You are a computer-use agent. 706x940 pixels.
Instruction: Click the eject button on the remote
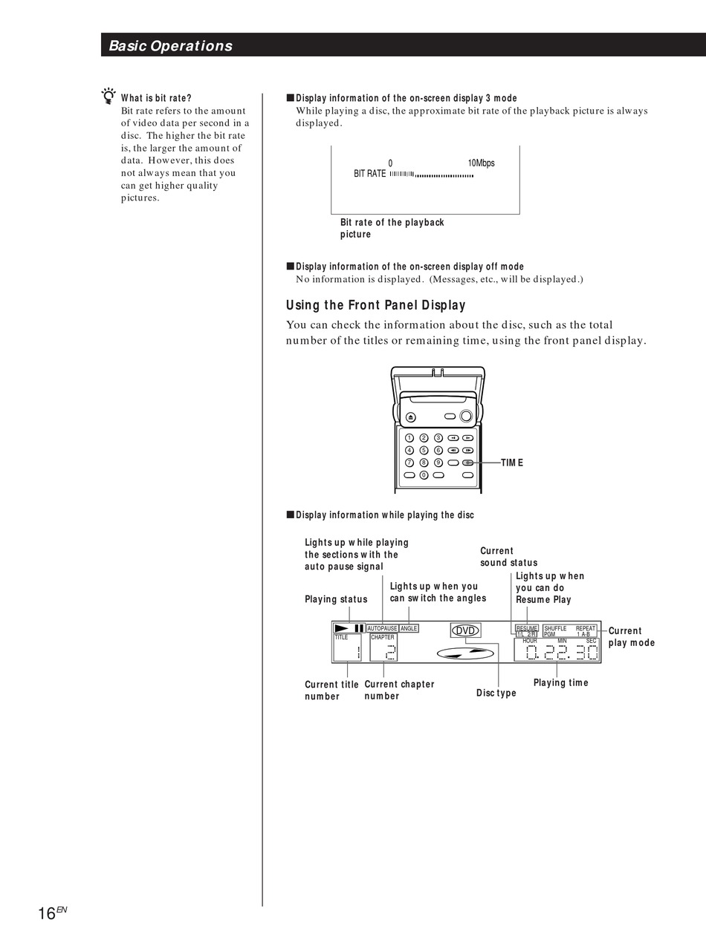(x=410, y=417)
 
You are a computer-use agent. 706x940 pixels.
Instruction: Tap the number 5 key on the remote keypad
(x=424, y=450)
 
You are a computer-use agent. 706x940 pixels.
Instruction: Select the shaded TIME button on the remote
(x=467, y=463)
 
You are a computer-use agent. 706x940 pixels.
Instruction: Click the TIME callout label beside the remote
(x=512, y=463)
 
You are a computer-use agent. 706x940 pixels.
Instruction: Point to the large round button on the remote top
(x=466, y=416)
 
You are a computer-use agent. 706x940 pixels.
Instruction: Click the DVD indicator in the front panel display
(x=465, y=630)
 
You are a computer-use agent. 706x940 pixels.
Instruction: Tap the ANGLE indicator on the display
(x=409, y=628)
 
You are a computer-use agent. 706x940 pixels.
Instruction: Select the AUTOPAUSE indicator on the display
(x=382, y=628)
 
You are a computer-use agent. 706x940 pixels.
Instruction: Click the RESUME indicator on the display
(x=526, y=628)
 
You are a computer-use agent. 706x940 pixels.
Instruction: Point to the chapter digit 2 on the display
(x=390, y=652)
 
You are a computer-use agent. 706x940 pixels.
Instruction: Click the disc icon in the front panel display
(x=465, y=653)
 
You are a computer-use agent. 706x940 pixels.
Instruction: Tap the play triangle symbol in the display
(x=343, y=628)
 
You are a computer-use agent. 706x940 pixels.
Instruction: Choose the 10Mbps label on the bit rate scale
(x=481, y=163)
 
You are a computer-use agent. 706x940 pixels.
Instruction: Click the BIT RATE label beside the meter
(x=369, y=174)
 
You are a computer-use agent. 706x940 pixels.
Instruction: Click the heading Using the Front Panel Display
(x=375, y=305)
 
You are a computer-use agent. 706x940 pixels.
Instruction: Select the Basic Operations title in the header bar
(x=170, y=46)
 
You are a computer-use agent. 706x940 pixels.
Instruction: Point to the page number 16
(x=48, y=913)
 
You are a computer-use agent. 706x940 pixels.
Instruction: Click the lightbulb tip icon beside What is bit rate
(x=109, y=97)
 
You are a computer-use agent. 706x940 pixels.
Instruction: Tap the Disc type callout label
(x=496, y=693)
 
